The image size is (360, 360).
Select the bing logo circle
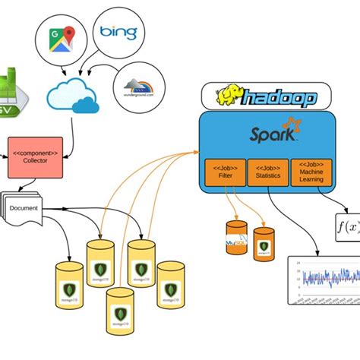point(118,32)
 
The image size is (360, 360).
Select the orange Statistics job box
point(267,172)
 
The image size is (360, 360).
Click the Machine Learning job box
point(311,172)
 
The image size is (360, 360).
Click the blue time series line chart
point(324,279)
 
